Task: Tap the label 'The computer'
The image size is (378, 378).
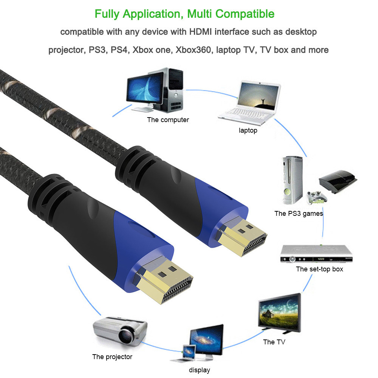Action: (x=168, y=120)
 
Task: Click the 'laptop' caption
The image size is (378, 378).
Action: (x=248, y=130)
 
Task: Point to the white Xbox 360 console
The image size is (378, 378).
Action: (x=292, y=180)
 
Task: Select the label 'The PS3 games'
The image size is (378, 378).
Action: (x=299, y=214)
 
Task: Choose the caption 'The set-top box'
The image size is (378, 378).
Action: (x=319, y=269)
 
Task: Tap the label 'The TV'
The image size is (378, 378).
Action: (x=274, y=342)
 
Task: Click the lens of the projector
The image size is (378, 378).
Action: (x=126, y=336)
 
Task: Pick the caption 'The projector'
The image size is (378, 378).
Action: (x=112, y=356)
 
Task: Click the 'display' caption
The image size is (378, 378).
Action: (x=200, y=370)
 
